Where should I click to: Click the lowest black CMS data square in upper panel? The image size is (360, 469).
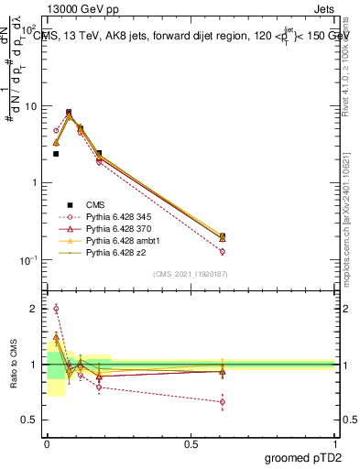pyautogui.click(x=56, y=154)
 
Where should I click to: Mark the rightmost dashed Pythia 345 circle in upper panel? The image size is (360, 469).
pyautogui.click(x=223, y=251)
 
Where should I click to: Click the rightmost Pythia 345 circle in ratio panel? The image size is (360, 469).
pyautogui.click(x=223, y=401)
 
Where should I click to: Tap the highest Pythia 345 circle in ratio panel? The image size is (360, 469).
pyautogui.click(x=56, y=309)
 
